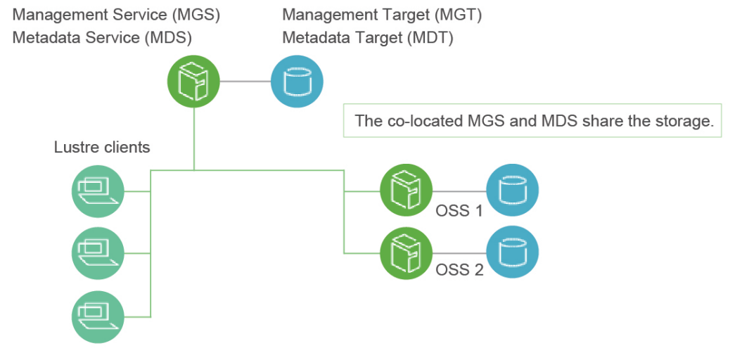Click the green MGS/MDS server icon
193,82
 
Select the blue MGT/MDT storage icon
297,82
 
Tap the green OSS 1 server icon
406,191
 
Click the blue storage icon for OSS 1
512,191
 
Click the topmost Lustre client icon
98,191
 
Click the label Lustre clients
102,148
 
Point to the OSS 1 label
459,210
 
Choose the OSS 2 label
459,269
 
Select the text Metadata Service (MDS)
103,37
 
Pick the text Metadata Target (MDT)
368,37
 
